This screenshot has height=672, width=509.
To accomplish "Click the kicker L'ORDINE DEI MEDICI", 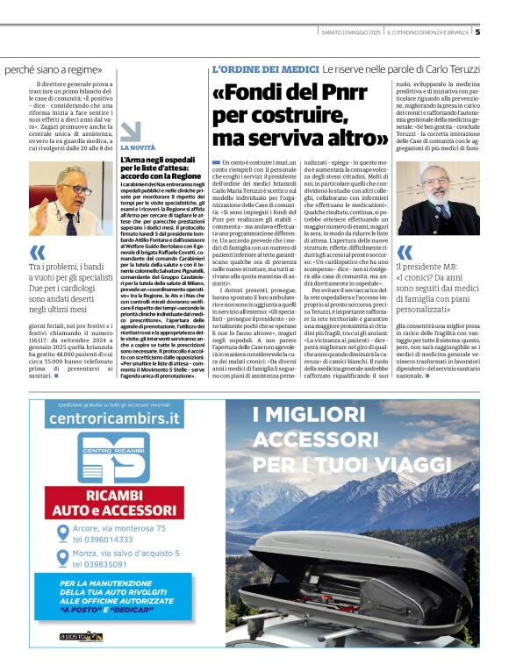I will (x=264, y=68).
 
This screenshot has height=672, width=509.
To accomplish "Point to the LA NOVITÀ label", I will (x=137, y=148).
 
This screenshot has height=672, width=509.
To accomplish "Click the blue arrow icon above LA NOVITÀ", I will (x=130, y=132).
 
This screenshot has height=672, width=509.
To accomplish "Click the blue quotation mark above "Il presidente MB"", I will (x=404, y=253).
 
